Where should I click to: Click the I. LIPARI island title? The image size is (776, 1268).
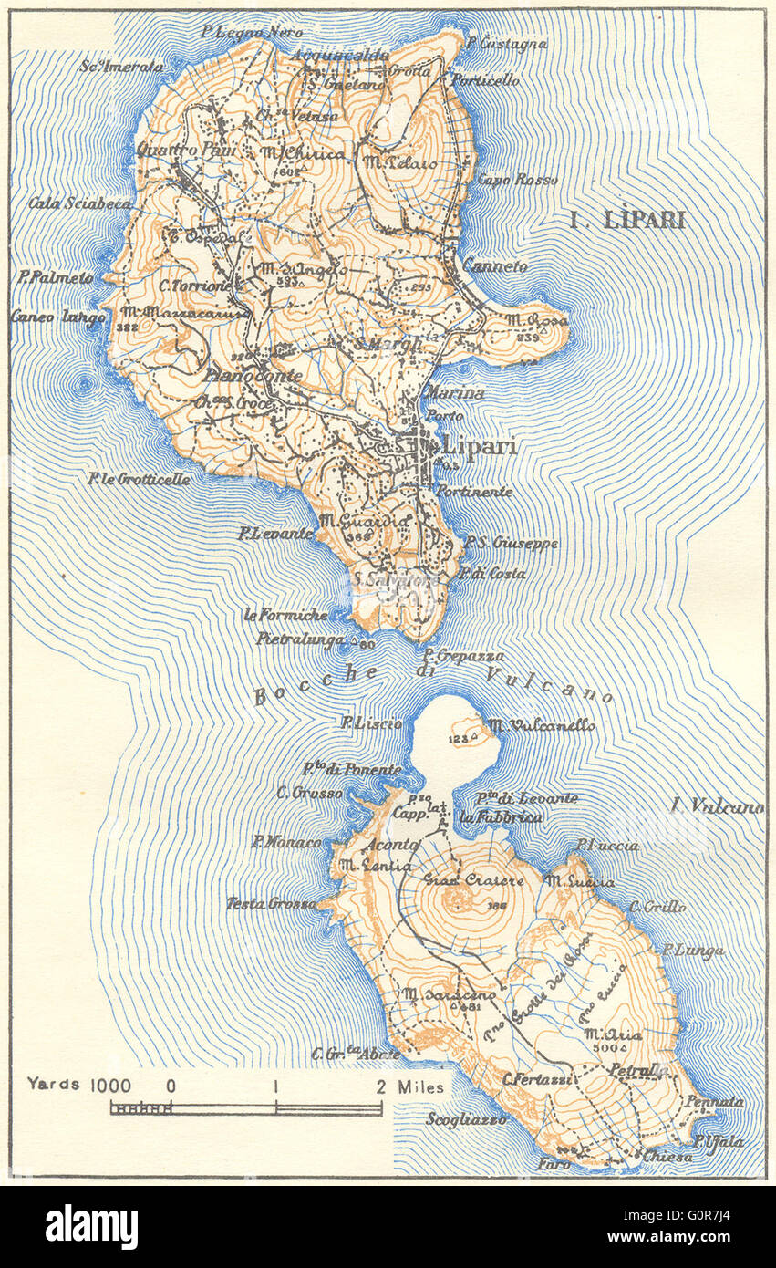(626, 220)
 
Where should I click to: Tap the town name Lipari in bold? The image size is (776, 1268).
(480, 446)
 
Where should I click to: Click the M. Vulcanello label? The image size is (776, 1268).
(541, 725)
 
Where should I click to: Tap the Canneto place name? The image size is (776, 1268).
(495, 266)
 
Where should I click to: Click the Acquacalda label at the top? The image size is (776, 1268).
(340, 56)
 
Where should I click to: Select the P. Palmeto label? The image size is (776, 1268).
(56, 276)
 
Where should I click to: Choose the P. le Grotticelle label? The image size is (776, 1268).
(139, 478)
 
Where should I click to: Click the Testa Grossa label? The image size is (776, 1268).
(271, 904)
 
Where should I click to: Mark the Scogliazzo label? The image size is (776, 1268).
(466, 1119)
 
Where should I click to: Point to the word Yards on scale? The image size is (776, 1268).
(54, 1085)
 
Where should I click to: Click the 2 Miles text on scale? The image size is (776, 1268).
(411, 1086)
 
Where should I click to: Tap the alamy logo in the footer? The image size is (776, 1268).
(91, 1227)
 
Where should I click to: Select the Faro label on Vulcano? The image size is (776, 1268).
(554, 1164)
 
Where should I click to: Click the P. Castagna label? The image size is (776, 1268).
(506, 43)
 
